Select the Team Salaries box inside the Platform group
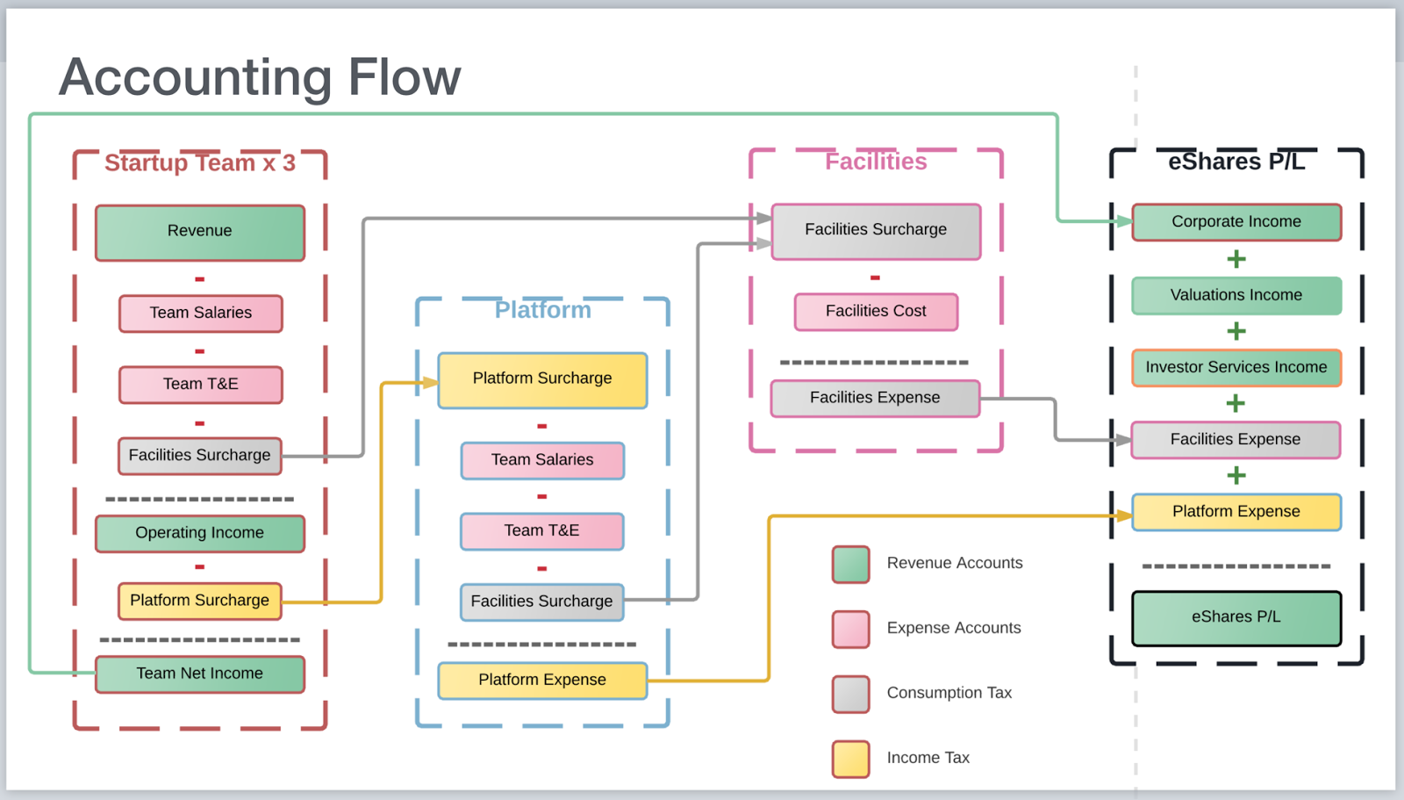pyautogui.click(x=542, y=460)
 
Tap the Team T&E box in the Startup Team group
pyautogui.click(x=200, y=385)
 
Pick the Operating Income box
pyautogui.click(x=200, y=533)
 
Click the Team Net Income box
pyautogui.click(x=200, y=674)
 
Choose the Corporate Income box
pyautogui.click(x=1236, y=222)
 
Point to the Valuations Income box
pyautogui.click(x=1236, y=295)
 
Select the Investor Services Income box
pyautogui.click(x=1236, y=368)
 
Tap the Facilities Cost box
pyautogui.click(x=876, y=312)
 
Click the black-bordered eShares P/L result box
pyautogui.click(x=1236, y=617)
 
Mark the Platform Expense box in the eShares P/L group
pyautogui.click(x=1236, y=512)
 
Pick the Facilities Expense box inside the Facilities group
pyautogui.click(x=875, y=398)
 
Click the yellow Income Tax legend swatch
pyautogui.click(x=851, y=759)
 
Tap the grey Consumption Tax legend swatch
pyautogui.click(x=851, y=694)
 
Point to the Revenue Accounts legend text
pyautogui.click(x=955, y=563)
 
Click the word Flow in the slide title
pyautogui.click(x=404, y=77)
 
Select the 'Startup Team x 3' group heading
pyautogui.click(x=200, y=163)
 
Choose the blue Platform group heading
pyautogui.click(x=542, y=310)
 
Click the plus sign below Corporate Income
pyautogui.click(x=1236, y=259)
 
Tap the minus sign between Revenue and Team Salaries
pyautogui.click(x=200, y=279)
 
